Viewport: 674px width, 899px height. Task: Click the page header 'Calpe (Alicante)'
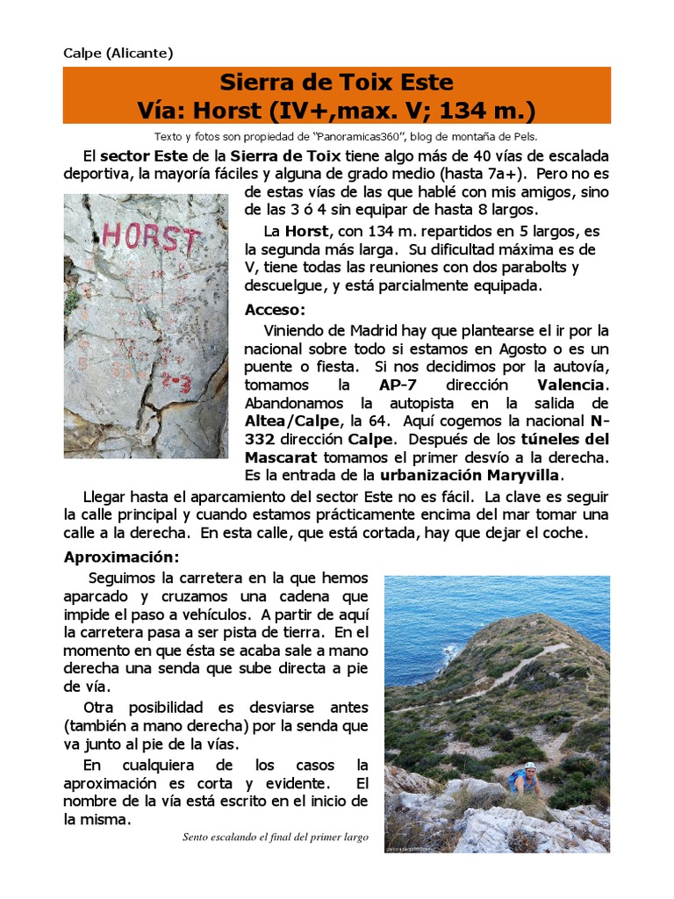point(118,53)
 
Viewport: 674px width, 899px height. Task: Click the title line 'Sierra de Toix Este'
point(337,83)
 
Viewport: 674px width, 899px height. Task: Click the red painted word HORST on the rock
point(151,237)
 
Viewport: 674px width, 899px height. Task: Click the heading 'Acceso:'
point(275,310)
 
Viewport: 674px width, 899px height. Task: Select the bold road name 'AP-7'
point(398,385)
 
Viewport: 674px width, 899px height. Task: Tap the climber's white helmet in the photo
point(530,766)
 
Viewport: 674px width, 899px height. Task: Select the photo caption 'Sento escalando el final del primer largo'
point(276,838)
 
